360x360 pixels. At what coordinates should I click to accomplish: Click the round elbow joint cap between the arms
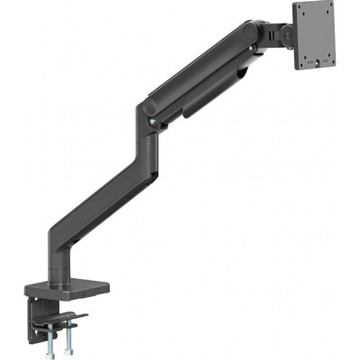coord(148,109)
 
